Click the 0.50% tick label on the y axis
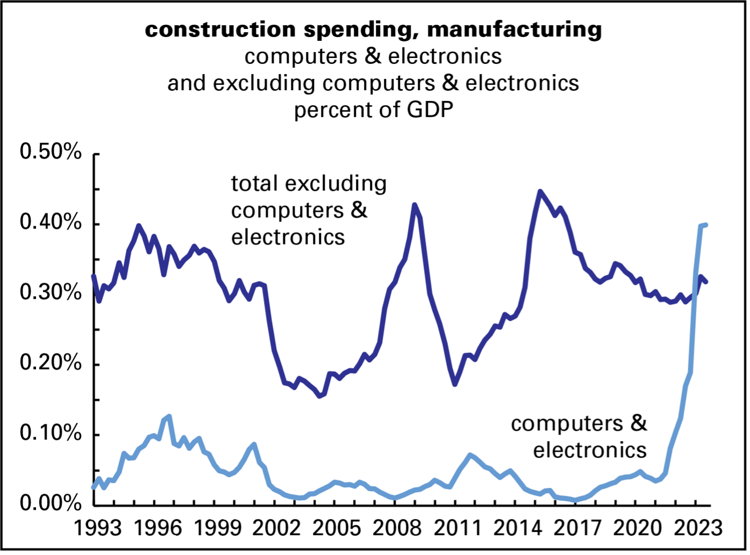[x=51, y=153]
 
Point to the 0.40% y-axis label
[x=51, y=222]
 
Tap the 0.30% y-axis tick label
[x=51, y=293]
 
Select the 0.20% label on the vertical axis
[x=51, y=363]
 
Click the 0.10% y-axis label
[x=51, y=434]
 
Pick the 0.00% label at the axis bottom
[x=51, y=503]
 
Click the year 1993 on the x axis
[x=97, y=528]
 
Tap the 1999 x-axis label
[x=218, y=528]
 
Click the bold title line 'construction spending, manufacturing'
[x=373, y=29]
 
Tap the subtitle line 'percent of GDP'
[x=373, y=110]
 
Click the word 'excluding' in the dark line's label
[x=335, y=184]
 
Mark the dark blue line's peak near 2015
[x=540, y=191]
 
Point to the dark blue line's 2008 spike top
[x=414, y=205]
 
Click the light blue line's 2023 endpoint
[x=706, y=225]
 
